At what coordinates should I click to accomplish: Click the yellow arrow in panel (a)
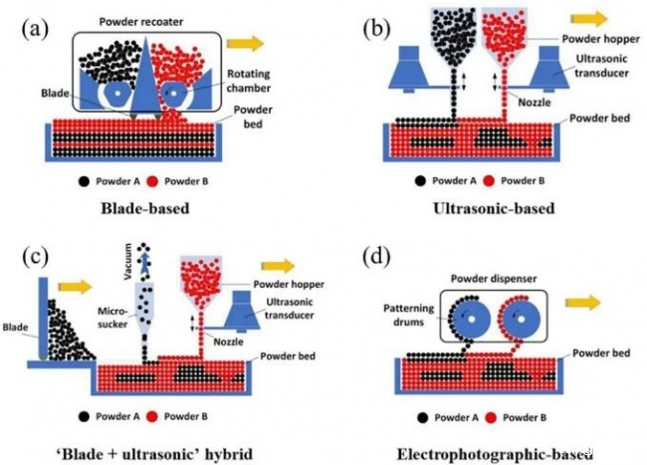click(245, 44)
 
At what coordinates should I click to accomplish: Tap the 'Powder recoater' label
click(141, 22)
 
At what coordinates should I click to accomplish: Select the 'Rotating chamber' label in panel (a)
click(249, 81)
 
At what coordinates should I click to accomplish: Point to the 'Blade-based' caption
click(145, 208)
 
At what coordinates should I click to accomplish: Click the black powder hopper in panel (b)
click(454, 37)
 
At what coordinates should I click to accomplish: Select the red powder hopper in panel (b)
click(505, 37)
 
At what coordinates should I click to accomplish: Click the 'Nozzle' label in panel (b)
click(535, 102)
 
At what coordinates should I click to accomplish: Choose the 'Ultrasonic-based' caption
click(494, 208)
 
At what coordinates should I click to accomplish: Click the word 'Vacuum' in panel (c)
click(128, 262)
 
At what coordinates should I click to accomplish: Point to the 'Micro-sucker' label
click(112, 318)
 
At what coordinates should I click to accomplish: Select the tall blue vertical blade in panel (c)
click(44, 318)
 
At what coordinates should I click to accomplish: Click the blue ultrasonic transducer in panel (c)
click(242, 312)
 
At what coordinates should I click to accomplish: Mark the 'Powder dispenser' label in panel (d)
click(494, 279)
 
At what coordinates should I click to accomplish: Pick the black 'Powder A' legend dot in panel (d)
click(422, 418)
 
